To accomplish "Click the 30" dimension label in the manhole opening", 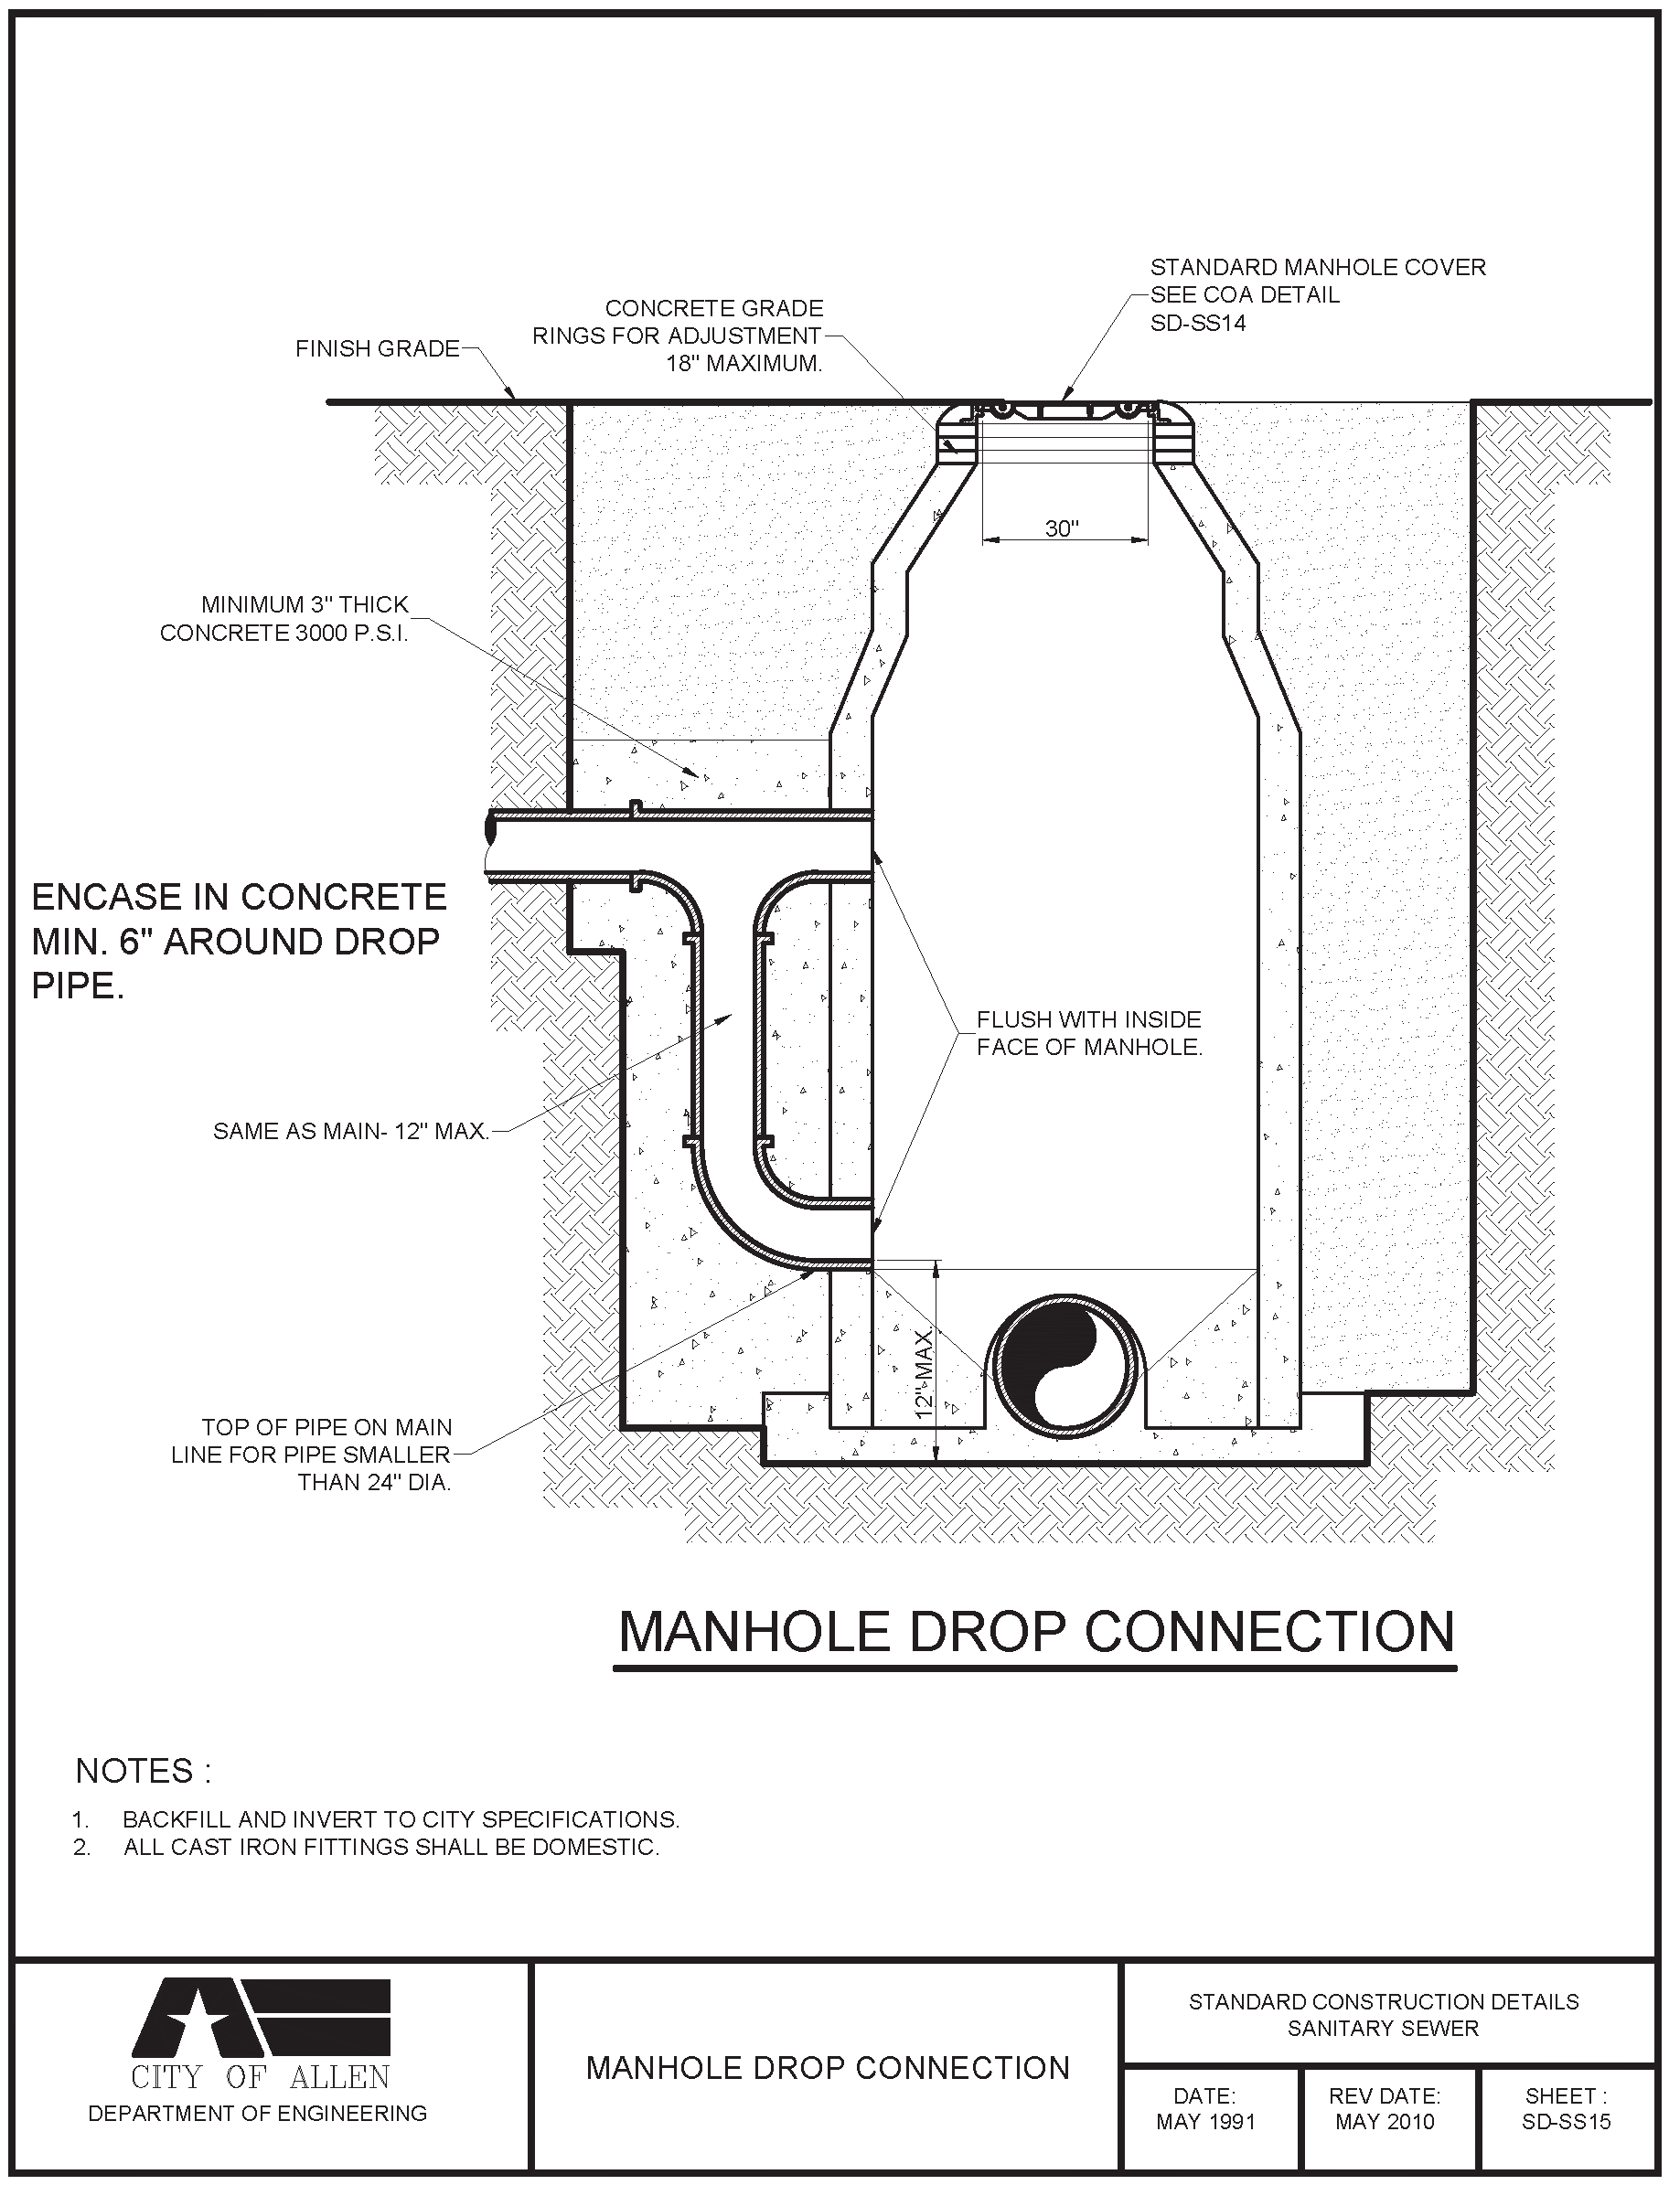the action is (x=1061, y=528).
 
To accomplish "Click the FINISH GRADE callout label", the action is (x=378, y=348).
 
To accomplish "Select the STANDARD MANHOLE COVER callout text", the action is (x=1317, y=267).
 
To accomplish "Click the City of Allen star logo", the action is (x=261, y=2015).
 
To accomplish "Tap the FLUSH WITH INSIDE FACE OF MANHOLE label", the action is (x=1089, y=1033).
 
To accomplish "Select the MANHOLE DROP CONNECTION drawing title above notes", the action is (x=1035, y=1632).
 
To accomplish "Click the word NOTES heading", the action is (x=143, y=1771).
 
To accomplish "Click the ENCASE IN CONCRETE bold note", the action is (x=239, y=941).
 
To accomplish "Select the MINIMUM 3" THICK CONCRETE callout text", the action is (x=285, y=619).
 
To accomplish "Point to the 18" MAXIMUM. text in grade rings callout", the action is (x=744, y=364).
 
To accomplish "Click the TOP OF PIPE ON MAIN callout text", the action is (x=326, y=1427).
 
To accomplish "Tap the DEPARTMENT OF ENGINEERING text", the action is (x=257, y=2114).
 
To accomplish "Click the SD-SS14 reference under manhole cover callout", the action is (x=1197, y=323).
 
